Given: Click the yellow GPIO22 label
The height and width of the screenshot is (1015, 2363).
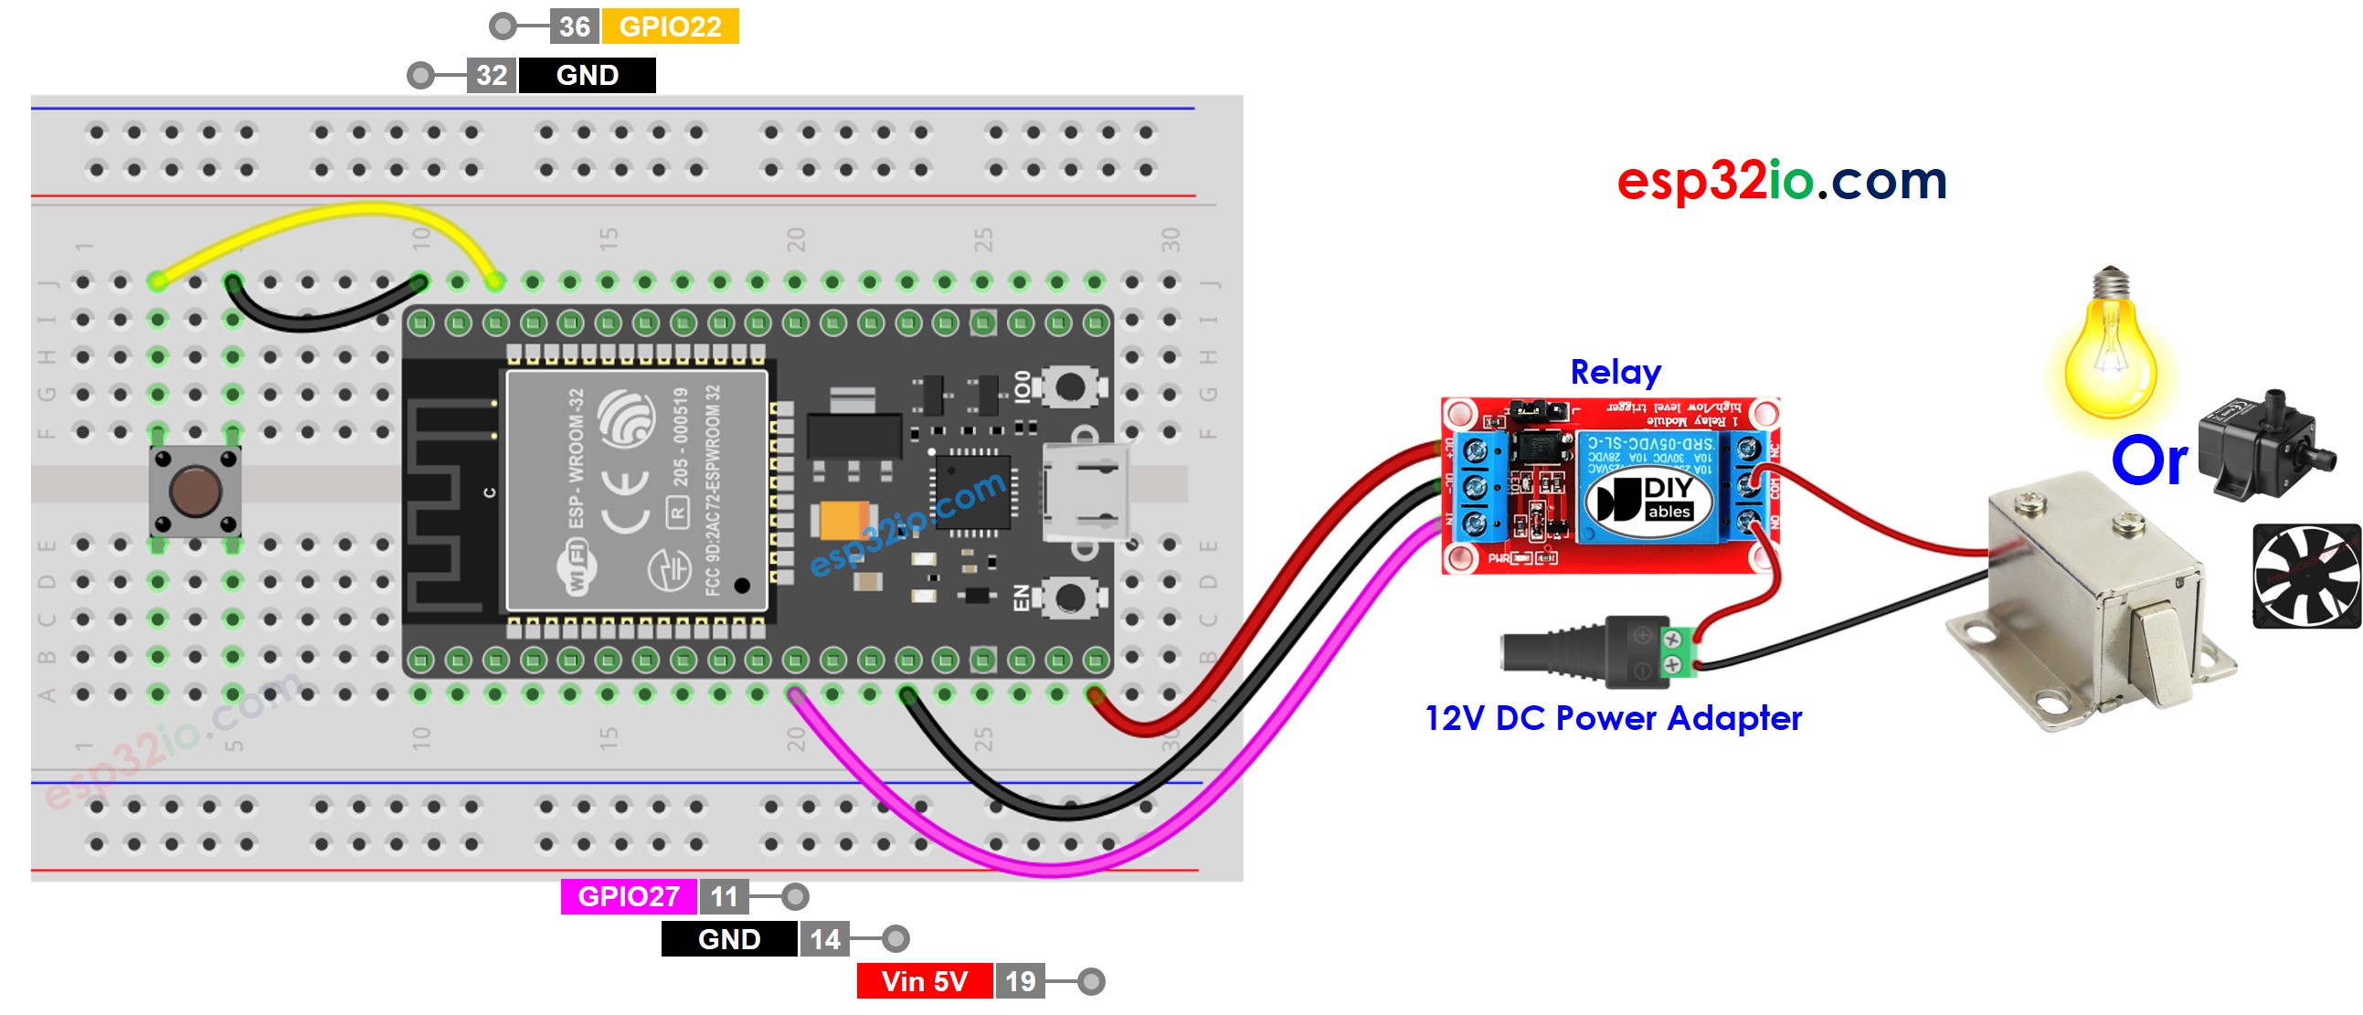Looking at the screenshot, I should click(x=670, y=26).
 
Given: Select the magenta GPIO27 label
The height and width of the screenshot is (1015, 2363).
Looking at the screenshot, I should click(x=629, y=896).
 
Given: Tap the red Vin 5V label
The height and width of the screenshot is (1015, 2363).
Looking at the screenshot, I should click(x=924, y=981).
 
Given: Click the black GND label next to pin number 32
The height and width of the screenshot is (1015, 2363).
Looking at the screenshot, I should click(x=587, y=75).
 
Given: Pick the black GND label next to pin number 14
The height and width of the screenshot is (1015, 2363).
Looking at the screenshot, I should click(x=728, y=939).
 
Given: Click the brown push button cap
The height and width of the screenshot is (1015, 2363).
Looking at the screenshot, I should click(x=196, y=491).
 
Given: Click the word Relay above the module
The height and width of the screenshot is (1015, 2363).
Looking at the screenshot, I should click(x=1615, y=372).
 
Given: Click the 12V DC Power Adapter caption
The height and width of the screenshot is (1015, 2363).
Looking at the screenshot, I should click(x=1613, y=718).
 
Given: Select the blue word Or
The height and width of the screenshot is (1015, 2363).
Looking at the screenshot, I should click(x=2148, y=461).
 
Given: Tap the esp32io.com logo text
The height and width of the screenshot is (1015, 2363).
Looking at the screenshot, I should click(x=1781, y=181).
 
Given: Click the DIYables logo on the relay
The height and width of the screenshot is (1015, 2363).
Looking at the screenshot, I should click(x=1649, y=500).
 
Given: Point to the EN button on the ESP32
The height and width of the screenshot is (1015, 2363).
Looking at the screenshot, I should click(x=1069, y=598).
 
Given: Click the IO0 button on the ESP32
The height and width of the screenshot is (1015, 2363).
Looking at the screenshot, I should click(x=1069, y=386).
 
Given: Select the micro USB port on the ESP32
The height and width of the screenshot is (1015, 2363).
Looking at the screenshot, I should click(x=1087, y=492).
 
